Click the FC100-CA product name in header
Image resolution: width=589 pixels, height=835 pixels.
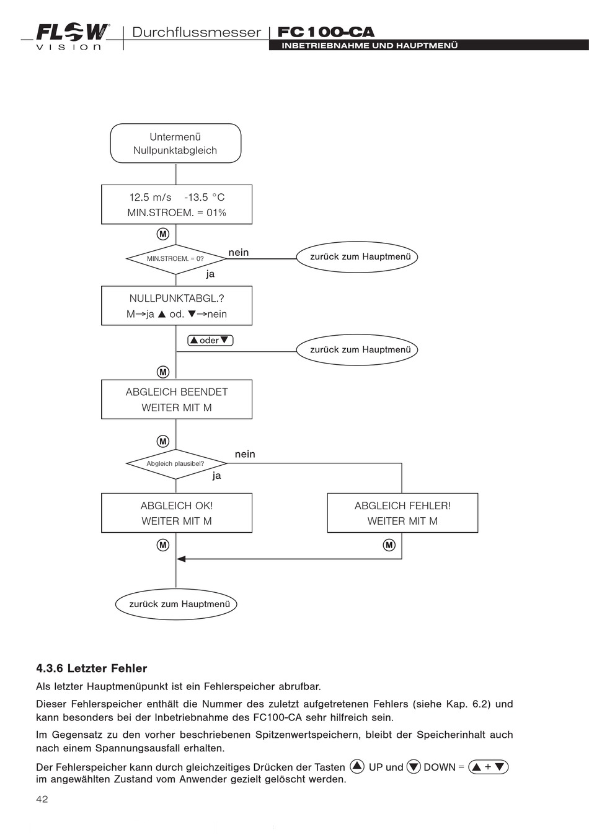[x=325, y=32]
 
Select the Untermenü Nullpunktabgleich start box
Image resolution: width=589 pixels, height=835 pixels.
[x=175, y=143]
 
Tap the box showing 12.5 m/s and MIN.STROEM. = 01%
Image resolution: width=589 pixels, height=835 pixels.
[x=177, y=204]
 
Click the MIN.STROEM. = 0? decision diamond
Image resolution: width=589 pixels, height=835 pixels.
[x=175, y=259]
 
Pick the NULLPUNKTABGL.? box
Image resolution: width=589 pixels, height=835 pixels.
[x=177, y=305]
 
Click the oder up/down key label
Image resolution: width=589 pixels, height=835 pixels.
[x=210, y=340]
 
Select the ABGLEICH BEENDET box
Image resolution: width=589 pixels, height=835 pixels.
[x=177, y=400]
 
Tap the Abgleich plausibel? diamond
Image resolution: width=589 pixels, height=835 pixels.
[x=176, y=464]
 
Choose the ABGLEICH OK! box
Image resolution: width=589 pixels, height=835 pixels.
[x=177, y=513]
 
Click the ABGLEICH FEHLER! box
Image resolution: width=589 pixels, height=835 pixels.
[x=402, y=513]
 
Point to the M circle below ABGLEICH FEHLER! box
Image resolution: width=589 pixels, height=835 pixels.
[x=389, y=545]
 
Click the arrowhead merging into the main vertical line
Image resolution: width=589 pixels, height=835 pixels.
[x=181, y=559]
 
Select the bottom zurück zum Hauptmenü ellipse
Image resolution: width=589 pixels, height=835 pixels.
[x=176, y=604]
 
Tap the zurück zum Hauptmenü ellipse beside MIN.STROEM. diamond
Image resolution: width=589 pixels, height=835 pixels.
[x=357, y=257]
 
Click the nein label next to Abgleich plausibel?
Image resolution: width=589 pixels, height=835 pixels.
[x=245, y=454]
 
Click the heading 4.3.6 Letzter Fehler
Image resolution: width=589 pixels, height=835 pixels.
[x=91, y=668]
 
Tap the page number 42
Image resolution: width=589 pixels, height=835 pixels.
[x=42, y=799]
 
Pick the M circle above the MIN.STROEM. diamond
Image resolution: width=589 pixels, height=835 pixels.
[x=162, y=234]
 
